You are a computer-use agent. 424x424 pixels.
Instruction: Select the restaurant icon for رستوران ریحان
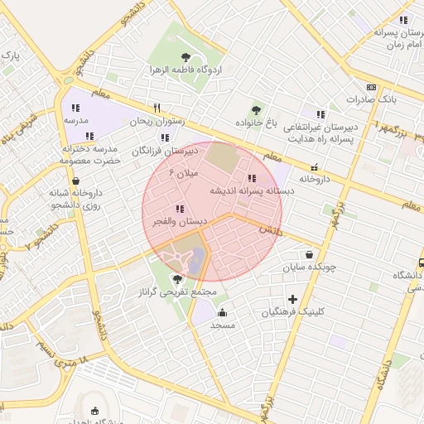[x=157, y=108]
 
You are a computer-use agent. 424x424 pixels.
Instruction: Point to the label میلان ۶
[x=185, y=173]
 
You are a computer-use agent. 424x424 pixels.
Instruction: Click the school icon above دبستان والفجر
[x=180, y=209]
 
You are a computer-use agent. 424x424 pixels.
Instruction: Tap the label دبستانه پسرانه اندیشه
[x=251, y=190]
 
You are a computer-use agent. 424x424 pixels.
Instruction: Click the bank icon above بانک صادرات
[x=370, y=87]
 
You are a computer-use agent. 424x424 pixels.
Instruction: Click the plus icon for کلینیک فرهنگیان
[x=292, y=299]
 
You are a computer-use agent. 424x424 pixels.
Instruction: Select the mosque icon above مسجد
[x=222, y=312]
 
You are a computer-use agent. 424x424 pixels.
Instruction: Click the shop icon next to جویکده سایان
[x=310, y=255]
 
